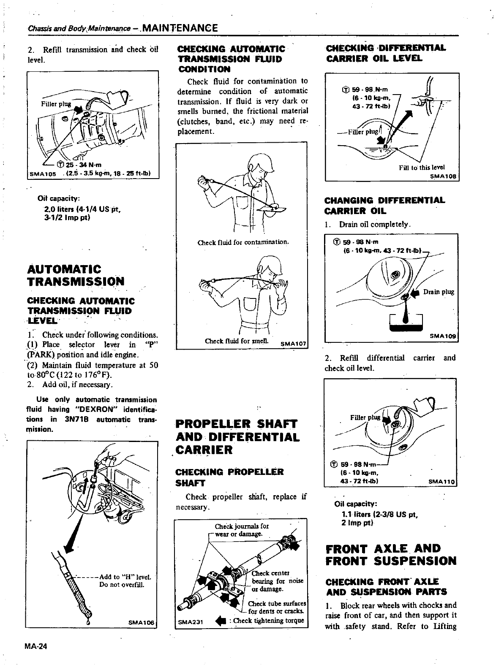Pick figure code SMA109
(444, 336)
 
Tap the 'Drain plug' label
(439, 292)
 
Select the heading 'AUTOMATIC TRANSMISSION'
(76, 275)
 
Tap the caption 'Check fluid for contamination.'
(243, 242)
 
